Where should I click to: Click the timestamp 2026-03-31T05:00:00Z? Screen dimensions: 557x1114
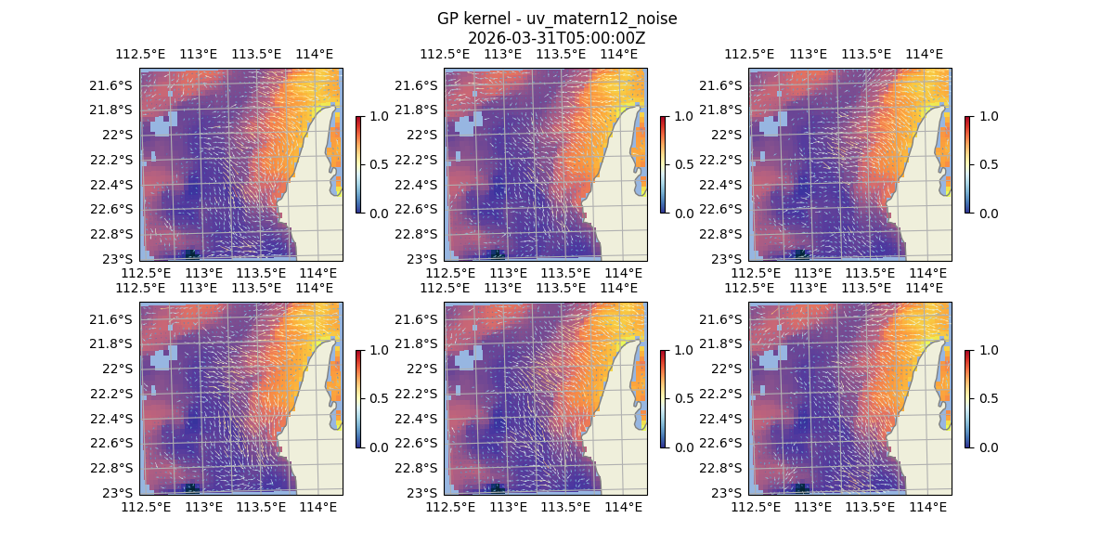[557, 38]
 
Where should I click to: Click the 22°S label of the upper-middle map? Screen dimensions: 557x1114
[426, 135]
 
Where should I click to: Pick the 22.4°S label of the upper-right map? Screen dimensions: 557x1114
[724, 184]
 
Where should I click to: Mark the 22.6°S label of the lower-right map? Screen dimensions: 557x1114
[724, 443]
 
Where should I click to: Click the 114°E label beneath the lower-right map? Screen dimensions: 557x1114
[927, 507]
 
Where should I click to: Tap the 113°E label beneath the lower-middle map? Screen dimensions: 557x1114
[508, 507]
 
